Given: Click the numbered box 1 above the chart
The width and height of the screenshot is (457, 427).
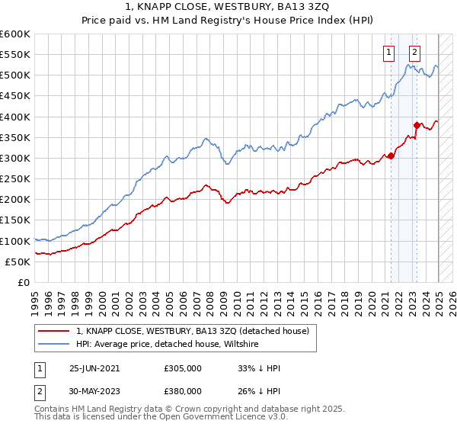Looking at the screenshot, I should click(388, 53).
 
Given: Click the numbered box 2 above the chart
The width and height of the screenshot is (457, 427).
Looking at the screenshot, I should click(414, 53).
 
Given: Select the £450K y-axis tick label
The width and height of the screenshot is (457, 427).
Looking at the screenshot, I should click(14, 96).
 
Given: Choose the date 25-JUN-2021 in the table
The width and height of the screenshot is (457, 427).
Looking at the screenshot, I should click(94, 368).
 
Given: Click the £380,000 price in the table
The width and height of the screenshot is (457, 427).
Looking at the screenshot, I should click(183, 390).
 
